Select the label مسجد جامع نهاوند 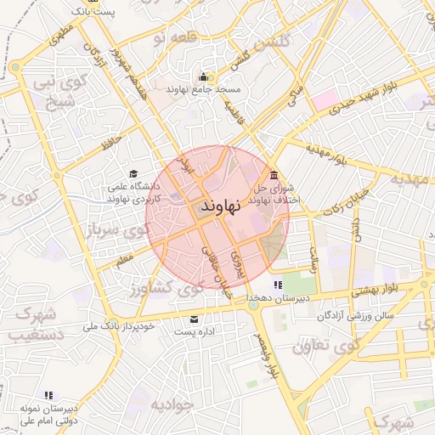(x=204, y=88)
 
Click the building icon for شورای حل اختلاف (x=272, y=175)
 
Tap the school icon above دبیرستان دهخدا (x=276, y=285)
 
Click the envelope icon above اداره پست (x=195, y=319)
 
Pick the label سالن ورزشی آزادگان (x=357, y=316)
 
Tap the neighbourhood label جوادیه (x=173, y=404)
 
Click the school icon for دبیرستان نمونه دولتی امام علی (x=48, y=395)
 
